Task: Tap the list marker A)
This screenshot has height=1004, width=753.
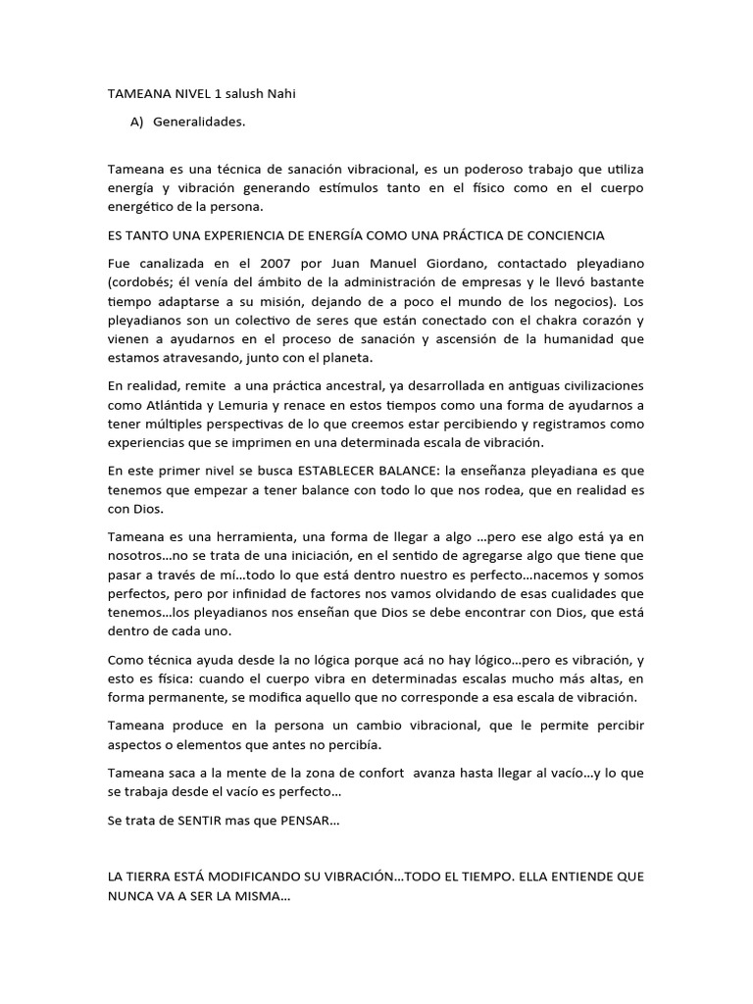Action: [x=136, y=123]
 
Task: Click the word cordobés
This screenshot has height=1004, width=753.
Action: [x=143, y=282]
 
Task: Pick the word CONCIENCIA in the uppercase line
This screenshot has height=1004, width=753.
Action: [x=563, y=235]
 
